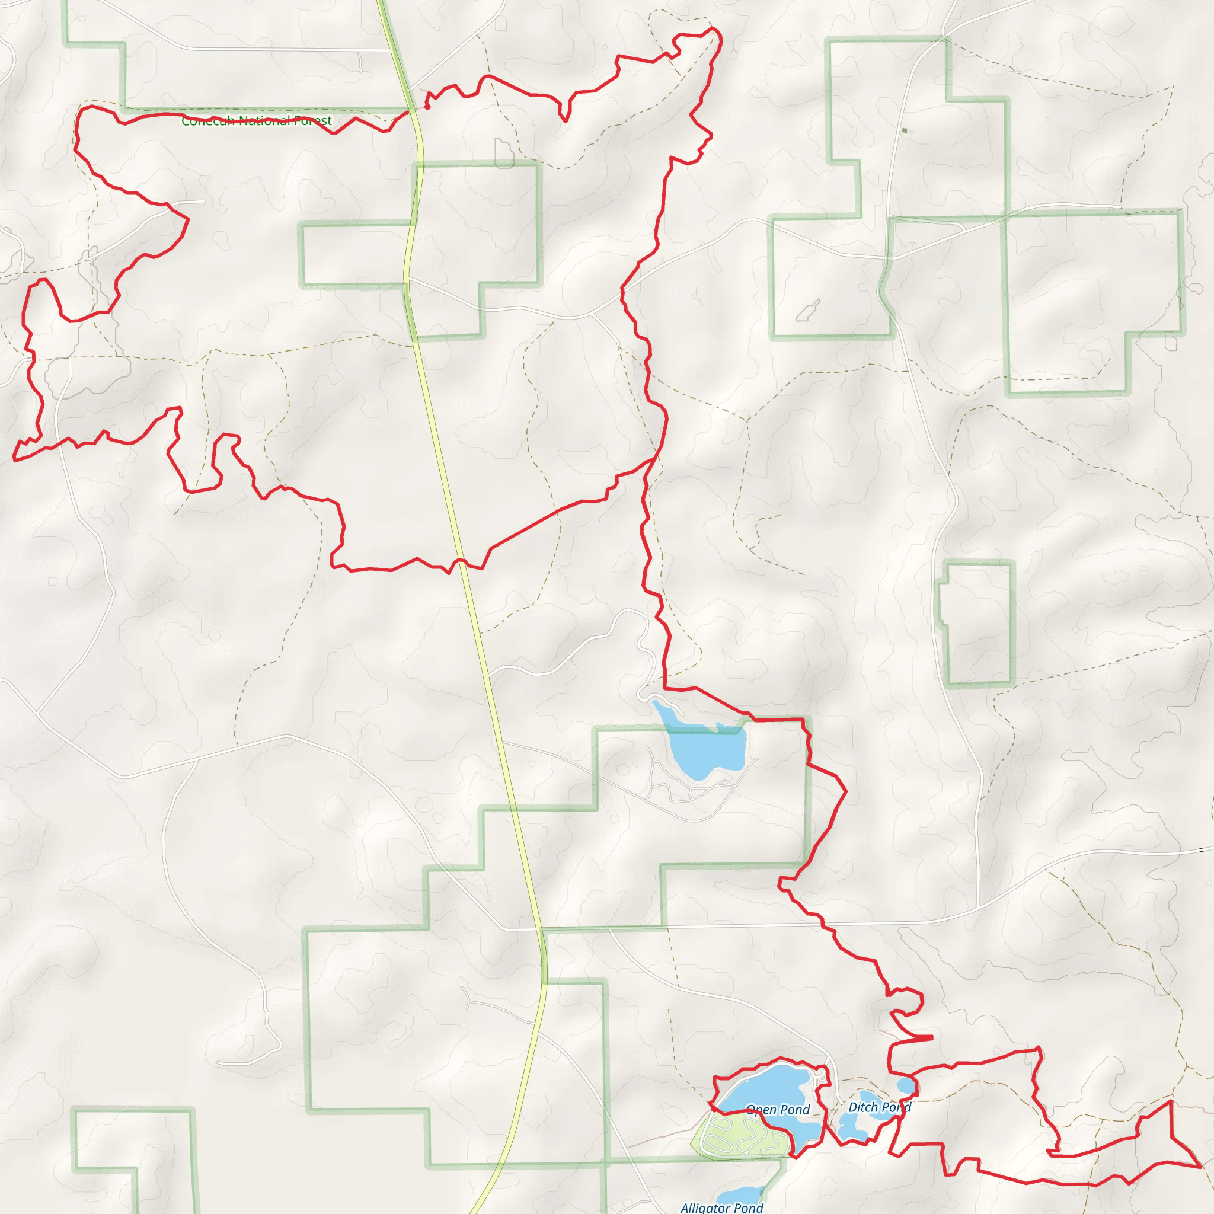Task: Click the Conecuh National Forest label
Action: tap(256, 121)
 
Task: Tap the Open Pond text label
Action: tap(778, 1110)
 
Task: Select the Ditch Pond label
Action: tap(879, 1107)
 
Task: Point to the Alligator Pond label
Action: tap(722, 1207)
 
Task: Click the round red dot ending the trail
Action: tap(427, 107)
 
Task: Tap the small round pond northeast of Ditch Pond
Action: tap(906, 1085)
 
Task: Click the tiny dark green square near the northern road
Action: tap(904, 130)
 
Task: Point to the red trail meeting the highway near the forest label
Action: tap(410, 112)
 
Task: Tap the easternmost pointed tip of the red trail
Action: tap(1201, 1167)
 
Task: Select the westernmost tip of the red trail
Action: tap(14, 460)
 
